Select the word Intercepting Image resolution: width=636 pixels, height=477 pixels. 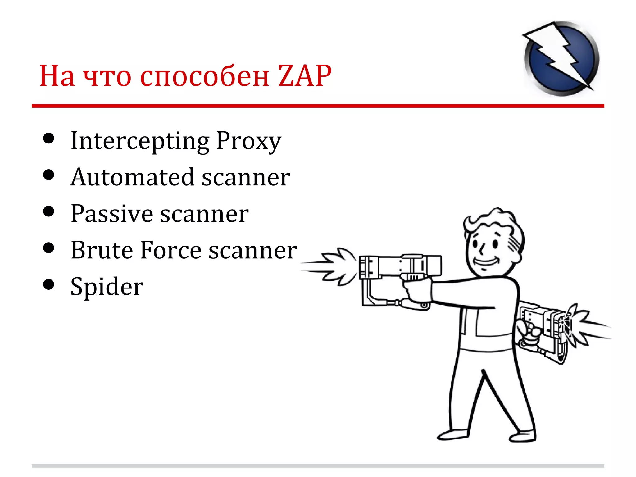[x=140, y=141]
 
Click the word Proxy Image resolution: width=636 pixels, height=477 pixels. [x=249, y=141]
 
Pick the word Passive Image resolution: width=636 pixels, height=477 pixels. [x=111, y=214]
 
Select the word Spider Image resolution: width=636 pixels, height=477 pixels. [x=107, y=287]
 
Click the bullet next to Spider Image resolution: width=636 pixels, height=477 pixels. [x=49, y=284]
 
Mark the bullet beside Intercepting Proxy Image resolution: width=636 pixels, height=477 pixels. [x=49, y=139]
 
